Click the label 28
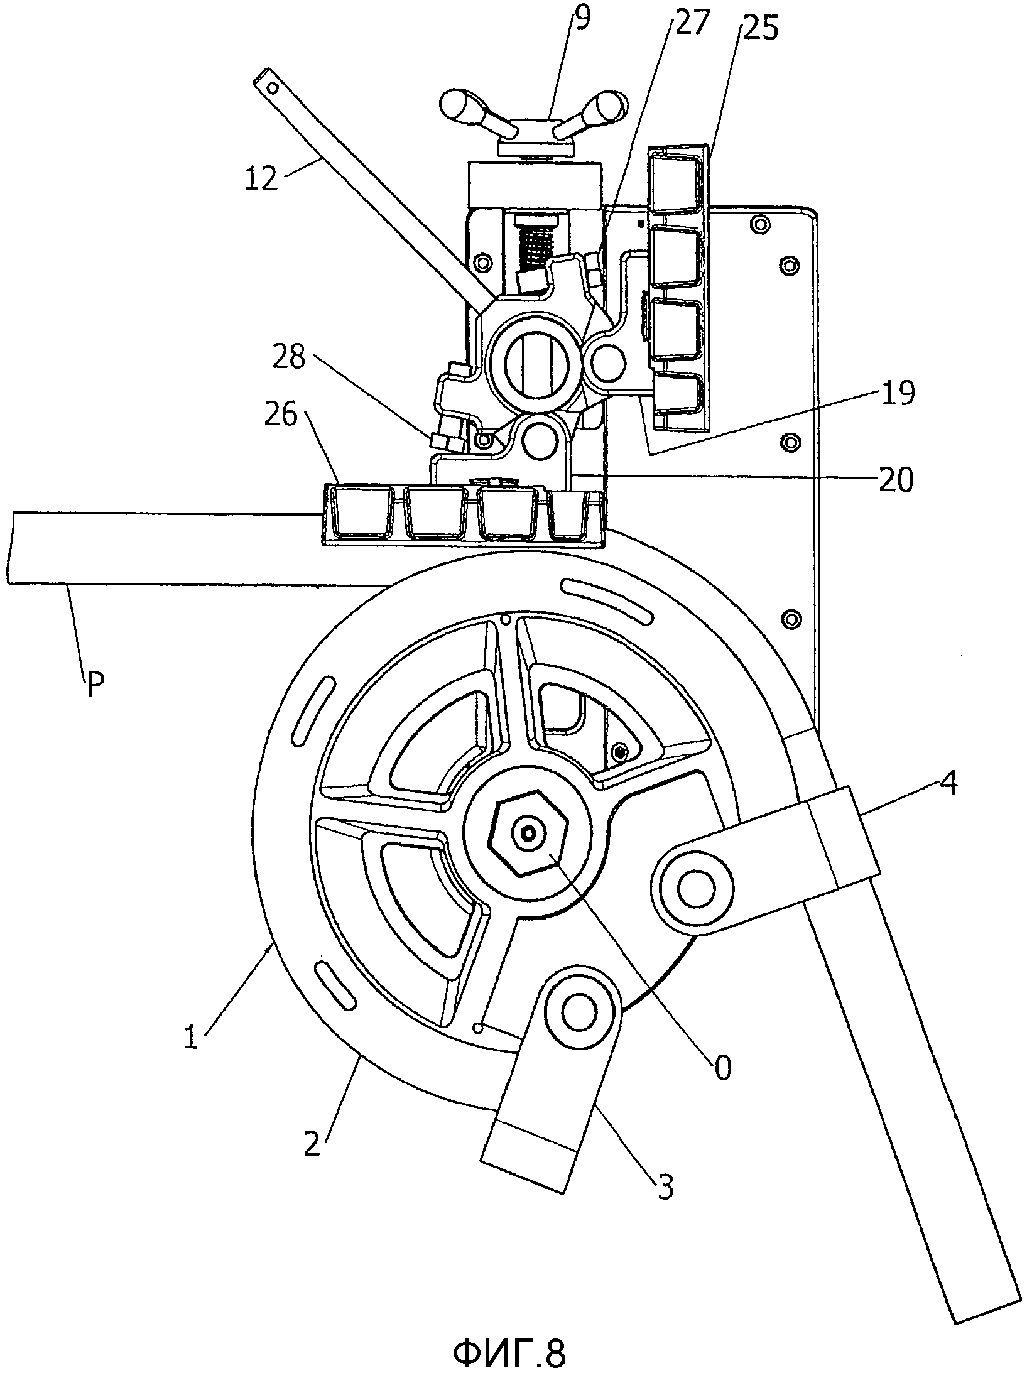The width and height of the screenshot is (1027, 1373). coord(289,359)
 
